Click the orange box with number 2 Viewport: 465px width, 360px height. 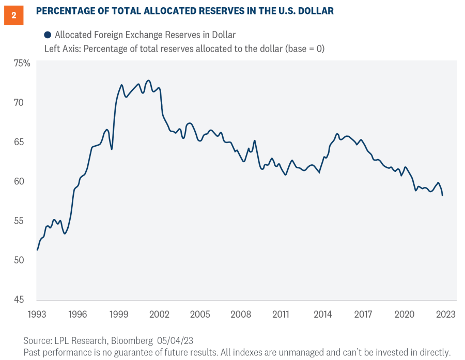coord(14,15)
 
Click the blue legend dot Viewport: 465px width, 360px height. coord(48,35)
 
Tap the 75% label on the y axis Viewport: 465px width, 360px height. coord(21,63)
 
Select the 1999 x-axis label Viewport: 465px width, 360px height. coord(119,314)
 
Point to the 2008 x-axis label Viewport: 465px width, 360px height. coord(241,314)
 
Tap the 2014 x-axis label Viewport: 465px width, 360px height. coord(322,314)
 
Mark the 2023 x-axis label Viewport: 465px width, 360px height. coord(445,314)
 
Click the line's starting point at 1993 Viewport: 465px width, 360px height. coord(37,250)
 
